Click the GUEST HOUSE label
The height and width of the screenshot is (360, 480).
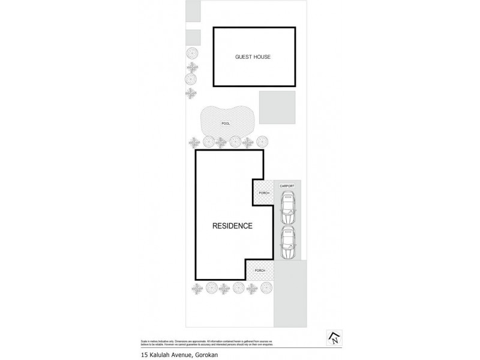(x=254, y=58)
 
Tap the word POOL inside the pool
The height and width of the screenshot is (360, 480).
(x=226, y=124)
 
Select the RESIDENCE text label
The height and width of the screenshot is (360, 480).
(x=232, y=226)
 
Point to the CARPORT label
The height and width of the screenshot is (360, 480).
(x=287, y=187)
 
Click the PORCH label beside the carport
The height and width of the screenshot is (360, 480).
(x=263, y=193)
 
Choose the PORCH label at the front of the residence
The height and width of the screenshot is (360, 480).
(x=259, y=271)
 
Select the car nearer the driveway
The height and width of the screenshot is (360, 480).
(x=287, y=241)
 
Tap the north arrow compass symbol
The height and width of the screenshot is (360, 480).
(x=332, y=338)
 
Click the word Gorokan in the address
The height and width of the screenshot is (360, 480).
(x=209, y=355)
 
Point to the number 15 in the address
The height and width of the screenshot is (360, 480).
(x=144, y=355)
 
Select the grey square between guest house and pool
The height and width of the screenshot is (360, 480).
(x=277, y=107)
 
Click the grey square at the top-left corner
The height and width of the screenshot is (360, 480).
(x=193, y=11)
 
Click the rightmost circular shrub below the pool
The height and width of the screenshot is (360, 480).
(x=262, y=142)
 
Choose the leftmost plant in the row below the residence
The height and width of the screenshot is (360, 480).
(x=197, y=289)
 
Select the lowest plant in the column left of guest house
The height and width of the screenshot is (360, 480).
(x=191, y=93)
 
